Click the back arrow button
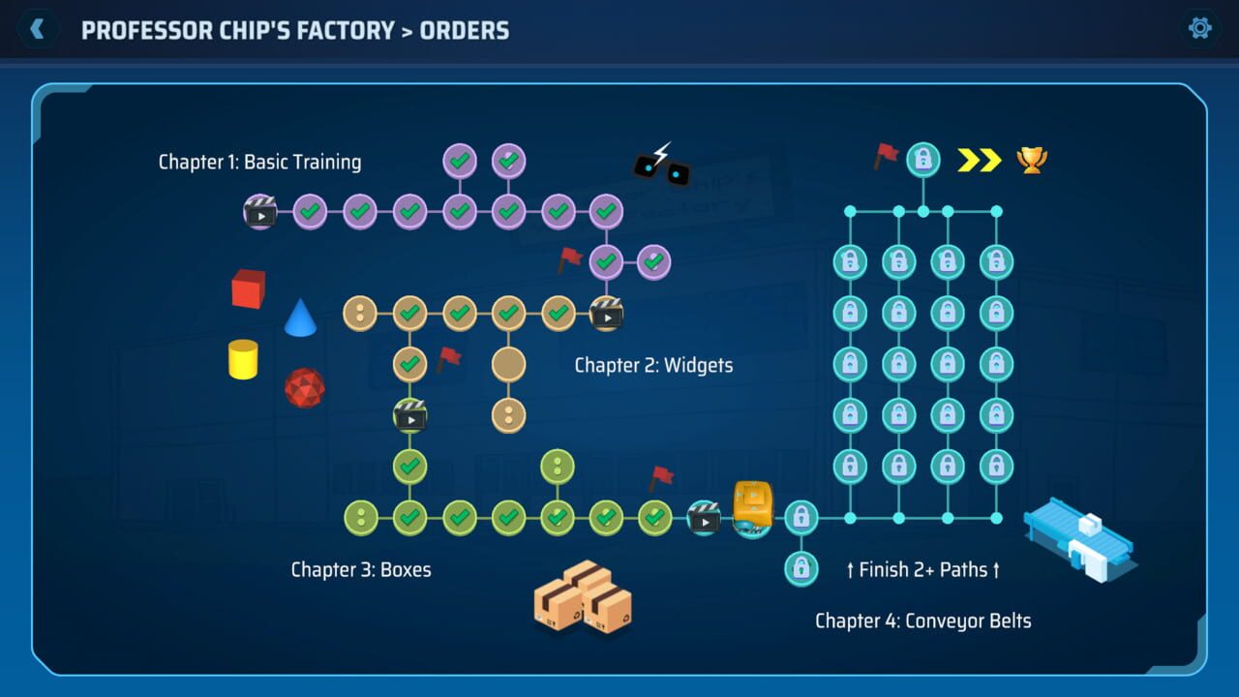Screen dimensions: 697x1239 click(38, 29)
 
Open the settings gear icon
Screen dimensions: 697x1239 click(1200, 28)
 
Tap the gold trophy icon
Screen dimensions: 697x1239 click(1032, 160)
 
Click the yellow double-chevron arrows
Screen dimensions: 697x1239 click(979, 160)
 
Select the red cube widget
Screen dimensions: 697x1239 click(249, 288)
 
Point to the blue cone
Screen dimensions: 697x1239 click(300, 318)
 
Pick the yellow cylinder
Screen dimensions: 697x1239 click(243, 359)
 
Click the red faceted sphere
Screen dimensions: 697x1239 click(304, 387)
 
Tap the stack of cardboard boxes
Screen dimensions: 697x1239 click(583, 597)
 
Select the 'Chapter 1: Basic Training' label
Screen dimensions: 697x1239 click(259, 162)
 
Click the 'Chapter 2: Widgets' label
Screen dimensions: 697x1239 click(653, 365)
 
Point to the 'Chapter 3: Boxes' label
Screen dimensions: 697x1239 click(361, 569)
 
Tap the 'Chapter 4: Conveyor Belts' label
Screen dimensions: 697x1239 click(922, 621)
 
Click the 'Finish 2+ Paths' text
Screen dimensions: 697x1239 click(922, 569)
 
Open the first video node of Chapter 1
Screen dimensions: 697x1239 click(260, 210)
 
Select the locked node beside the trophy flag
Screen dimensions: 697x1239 click(923, 160)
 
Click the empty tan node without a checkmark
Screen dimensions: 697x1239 click(508, 364)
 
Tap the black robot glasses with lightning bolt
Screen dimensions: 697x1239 click(662, 167)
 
